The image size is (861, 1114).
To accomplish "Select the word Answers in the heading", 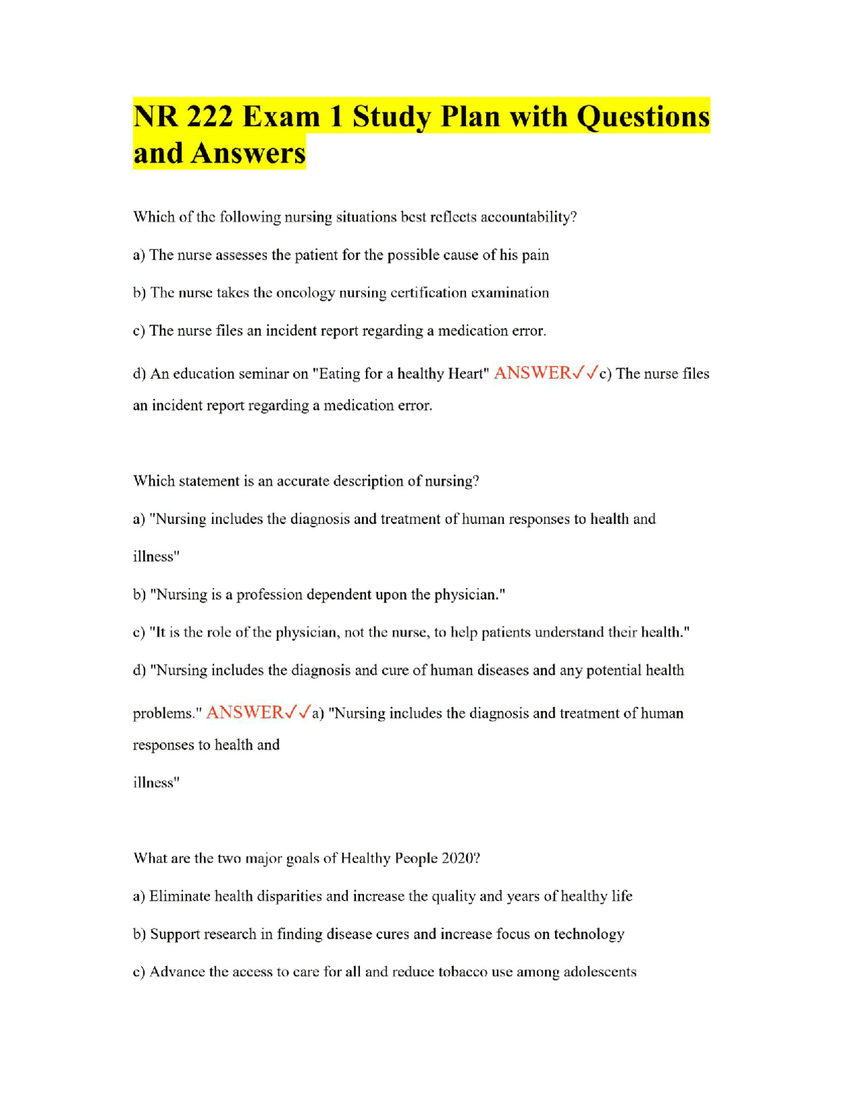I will pos(248,153).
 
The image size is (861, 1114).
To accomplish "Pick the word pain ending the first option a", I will pos(535,255).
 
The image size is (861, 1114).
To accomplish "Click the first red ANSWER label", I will pos(531,373).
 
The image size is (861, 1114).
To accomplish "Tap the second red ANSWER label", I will pos(244,713).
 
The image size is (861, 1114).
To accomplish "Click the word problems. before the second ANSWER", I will pos(167,714).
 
